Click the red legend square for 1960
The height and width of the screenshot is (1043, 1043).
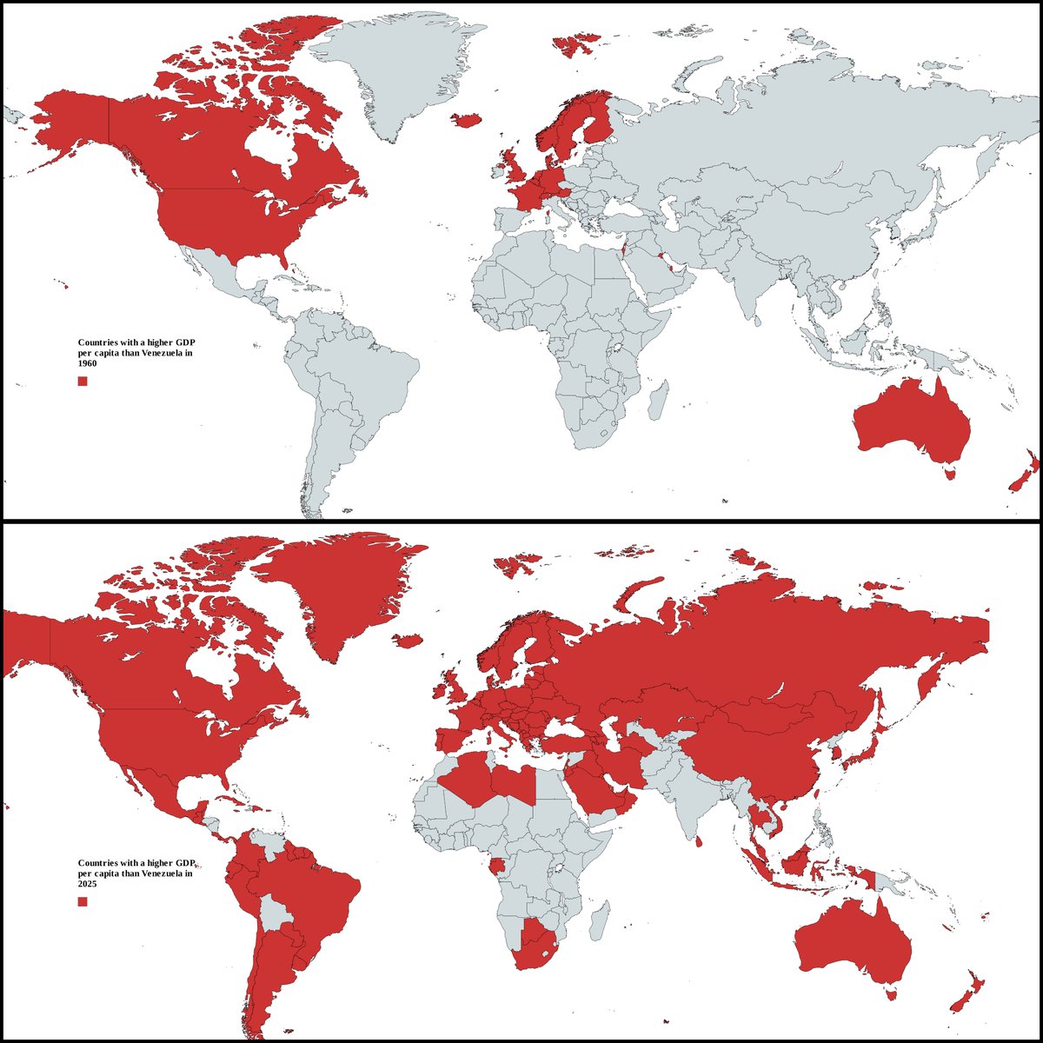click(83, 382)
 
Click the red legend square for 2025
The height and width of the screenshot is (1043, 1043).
click(83, 902)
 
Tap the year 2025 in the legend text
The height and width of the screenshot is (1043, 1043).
click(88, 883)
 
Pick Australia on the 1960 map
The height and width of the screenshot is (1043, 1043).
click(913, 421)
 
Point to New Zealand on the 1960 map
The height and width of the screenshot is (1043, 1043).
click(1021, 474)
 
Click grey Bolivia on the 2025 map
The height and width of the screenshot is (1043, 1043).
click(277, 913)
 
